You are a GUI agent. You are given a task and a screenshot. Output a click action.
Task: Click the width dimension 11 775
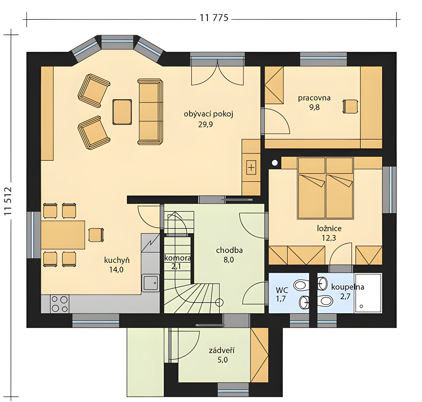click(x=214, y=18)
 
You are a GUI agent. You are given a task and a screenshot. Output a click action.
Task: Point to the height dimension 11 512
click(x=8, y=201)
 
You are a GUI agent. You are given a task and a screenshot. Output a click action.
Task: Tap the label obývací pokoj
click(x=208, y=114)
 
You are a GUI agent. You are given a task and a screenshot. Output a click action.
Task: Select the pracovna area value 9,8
click(x=314, y=107)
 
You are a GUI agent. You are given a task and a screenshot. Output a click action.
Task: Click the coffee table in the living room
click(x=122, y=112)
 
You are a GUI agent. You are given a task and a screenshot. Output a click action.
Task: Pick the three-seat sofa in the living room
click(x=150, y=112)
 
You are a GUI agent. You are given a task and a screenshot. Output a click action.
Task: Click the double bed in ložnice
click(x=326, y=188)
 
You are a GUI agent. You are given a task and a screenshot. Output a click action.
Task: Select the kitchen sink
click(x=150, y=283)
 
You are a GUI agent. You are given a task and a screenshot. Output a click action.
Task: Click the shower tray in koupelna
click(x=368, y=293)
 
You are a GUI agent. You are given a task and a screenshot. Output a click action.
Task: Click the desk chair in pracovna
click(x=350, y=106)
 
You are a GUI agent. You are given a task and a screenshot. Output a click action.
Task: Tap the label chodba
click(x=229, y=250)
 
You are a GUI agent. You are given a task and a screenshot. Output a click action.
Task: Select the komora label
click(x=177, y=258)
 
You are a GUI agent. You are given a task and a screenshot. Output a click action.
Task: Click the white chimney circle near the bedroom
click(x=275, y=163)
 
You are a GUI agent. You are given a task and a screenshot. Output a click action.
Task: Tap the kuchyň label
click(x=117, y=261)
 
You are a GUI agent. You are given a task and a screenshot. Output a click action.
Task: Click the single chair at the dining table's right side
click(x=96, y=235)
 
